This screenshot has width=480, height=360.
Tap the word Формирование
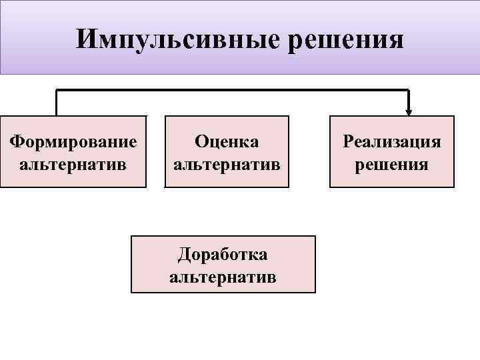(x=73, y=141)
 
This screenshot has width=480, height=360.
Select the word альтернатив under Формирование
(x=73, y=163)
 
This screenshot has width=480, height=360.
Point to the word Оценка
(x=227, y=141)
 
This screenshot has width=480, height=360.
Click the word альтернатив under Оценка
(x=227, y=163)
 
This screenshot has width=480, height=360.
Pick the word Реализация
(x=392, y=141)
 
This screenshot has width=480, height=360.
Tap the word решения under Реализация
(x=392, y=163)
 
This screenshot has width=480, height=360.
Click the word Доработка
(x=223, y=254)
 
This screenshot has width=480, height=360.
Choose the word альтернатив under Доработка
(x=223, y=276)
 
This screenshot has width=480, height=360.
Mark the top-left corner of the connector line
(x=57, y=90)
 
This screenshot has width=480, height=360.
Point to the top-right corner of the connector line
(x=409, y=90)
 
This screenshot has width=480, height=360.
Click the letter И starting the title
(x=85, y=39)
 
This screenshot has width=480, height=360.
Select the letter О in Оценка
(x=201, y=141)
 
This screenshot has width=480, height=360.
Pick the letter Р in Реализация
(x=347, y=141)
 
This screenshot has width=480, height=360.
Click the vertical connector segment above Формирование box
(x=57, y=103)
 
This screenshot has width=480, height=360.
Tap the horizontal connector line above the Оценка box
(x=227, y=90)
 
